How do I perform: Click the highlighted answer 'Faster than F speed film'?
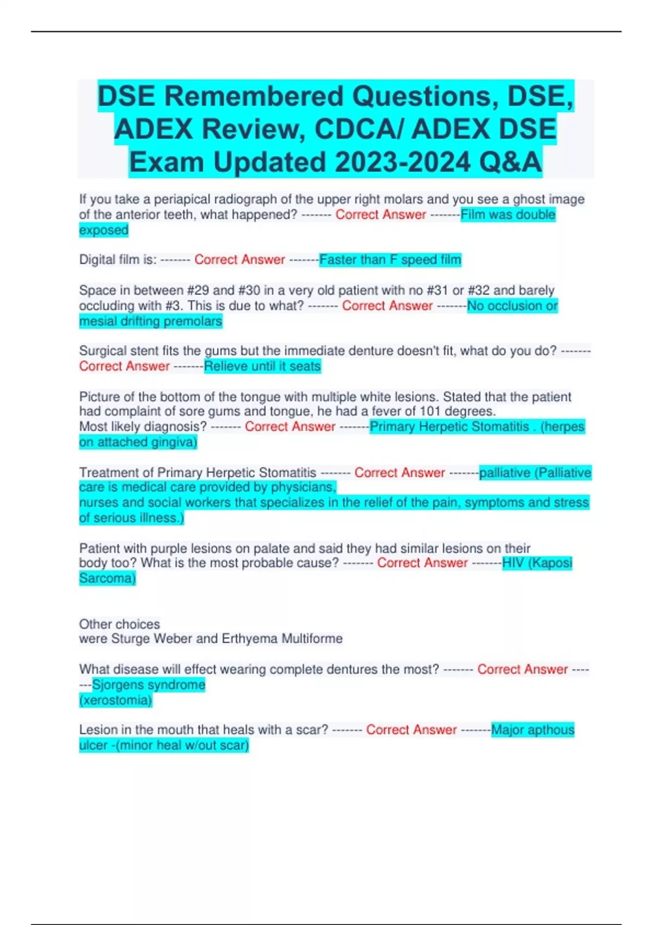390,260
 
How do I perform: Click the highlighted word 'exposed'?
104,230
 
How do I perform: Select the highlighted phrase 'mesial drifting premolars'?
151,322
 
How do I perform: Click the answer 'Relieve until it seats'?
262,366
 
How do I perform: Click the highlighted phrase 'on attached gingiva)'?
138,442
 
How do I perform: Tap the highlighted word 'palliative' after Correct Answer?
504,472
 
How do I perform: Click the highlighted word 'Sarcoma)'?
107,578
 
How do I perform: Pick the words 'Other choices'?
120,624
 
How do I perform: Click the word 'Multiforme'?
312,639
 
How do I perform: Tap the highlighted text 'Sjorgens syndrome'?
149,684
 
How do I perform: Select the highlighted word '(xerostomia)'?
115,700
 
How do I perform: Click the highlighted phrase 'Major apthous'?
533,730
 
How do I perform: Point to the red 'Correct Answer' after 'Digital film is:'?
239,260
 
